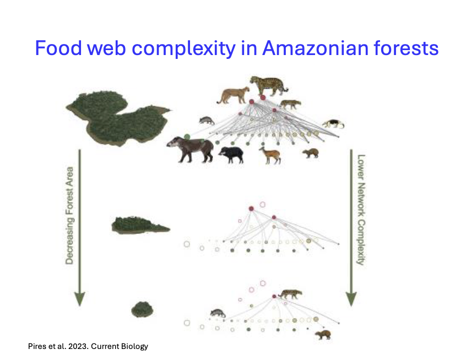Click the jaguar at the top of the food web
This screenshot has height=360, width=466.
click(x=269, y=85)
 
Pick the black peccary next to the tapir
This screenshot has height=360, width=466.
click(x=231, y=154)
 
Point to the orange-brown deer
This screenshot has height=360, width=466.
click(x=270, y=155)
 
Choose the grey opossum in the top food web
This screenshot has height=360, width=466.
click(x=207, y=120)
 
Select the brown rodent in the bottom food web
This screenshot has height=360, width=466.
click(x=322, y=334)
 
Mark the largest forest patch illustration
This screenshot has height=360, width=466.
click(x=117, y=117)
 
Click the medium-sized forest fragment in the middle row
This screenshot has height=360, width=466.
click(x=139, y=225)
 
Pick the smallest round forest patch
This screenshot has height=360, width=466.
click(x=142, y=309)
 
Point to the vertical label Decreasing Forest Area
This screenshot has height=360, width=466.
click(x=69, y=215)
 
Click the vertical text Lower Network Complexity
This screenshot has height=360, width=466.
click(x=361, y=209)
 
